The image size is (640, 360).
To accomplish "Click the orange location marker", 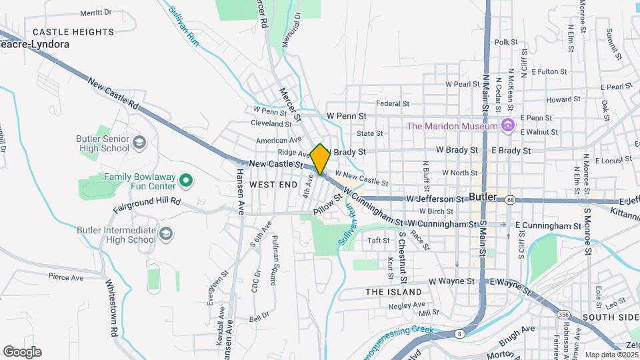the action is [320, 159].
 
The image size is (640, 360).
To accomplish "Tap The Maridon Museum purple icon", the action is [508, 125].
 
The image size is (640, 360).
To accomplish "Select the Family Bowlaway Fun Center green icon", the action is [187, 180].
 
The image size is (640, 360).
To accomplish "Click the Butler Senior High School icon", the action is [139, 143].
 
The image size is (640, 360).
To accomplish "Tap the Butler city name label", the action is [483, 197].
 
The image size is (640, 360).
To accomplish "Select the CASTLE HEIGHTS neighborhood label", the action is [73, 32].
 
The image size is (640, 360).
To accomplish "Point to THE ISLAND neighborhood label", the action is [393, 292].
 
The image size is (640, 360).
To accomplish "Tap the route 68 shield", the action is [510, 199].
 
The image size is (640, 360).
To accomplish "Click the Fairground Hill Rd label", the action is [147, 201].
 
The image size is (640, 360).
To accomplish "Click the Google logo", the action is [22, 352].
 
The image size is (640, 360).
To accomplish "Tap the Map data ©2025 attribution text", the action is [610, 355].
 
